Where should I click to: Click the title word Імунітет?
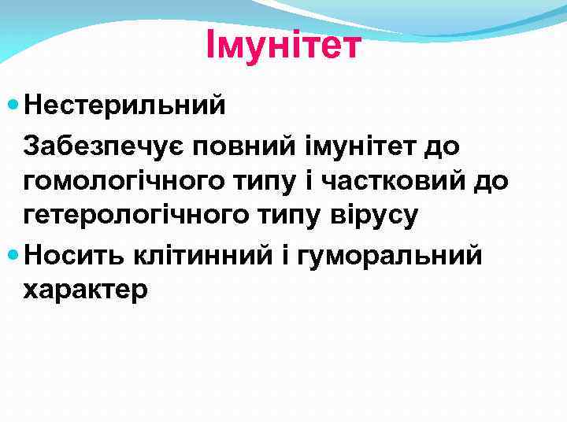click(283, 45)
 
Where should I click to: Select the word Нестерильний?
click(124, 105)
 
